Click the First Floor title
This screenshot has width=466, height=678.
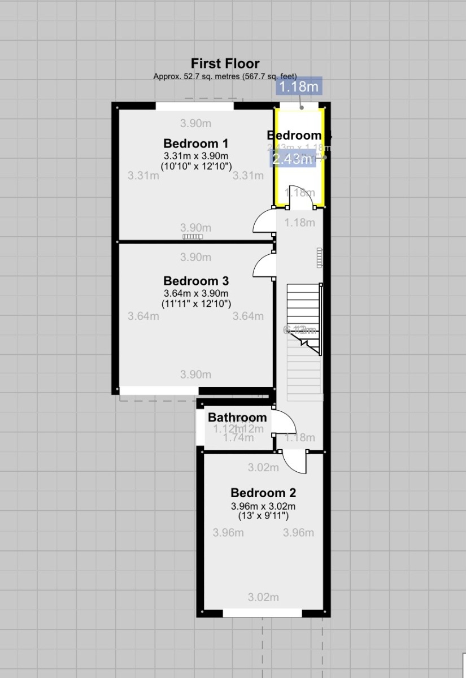225,63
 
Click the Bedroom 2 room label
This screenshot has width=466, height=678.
263,493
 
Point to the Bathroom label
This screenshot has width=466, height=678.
237,418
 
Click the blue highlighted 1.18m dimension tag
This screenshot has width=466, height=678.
299,86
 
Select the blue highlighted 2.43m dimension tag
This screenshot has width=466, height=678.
292,160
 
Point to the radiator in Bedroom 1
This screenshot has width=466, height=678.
192,237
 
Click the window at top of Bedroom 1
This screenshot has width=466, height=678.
195,105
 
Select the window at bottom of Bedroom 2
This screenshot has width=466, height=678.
262,613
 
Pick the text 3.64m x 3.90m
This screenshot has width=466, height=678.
196,293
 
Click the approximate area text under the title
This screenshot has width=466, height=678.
225,76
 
